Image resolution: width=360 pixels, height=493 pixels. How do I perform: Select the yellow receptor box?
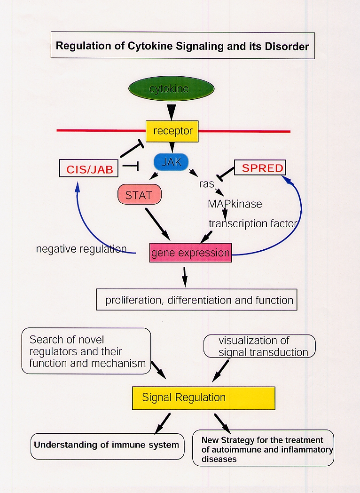point(172,131)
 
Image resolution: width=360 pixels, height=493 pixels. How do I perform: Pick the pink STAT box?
point(139,195)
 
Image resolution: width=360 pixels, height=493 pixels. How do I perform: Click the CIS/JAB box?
point(89,168)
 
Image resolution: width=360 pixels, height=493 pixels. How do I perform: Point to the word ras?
point(206,184)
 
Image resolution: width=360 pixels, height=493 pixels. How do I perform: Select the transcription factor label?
point(253,223)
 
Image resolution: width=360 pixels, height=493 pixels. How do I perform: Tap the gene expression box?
point(190,253)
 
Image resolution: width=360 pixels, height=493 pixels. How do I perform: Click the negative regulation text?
point(81,249)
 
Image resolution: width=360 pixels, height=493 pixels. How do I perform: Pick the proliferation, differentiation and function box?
point(196,300)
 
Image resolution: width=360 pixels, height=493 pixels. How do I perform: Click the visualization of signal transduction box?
point(259,346)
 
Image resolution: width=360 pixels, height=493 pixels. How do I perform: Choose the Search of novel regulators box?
point(86,351)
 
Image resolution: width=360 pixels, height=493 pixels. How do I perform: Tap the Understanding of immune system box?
point(107,445)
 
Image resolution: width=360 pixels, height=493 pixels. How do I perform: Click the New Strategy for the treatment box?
point(263,448)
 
